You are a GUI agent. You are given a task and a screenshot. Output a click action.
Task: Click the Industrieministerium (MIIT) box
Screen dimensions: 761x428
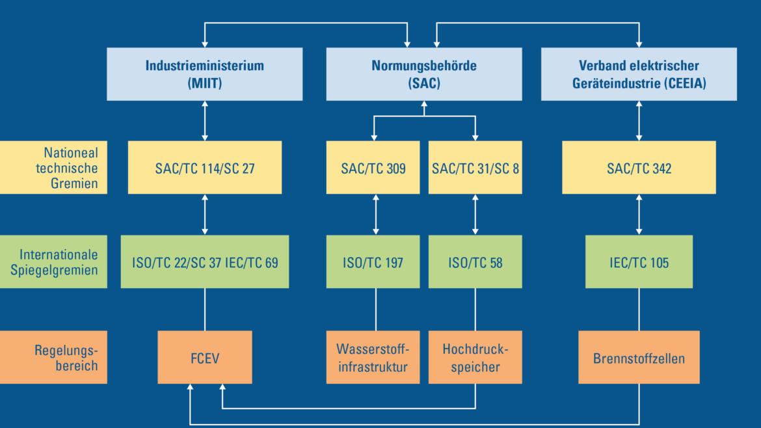pos(205,74)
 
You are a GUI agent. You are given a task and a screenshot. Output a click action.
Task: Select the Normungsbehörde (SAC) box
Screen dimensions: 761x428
pos(424,74)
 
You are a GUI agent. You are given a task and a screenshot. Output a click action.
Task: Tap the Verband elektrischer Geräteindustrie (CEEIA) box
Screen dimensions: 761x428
pos(639,74)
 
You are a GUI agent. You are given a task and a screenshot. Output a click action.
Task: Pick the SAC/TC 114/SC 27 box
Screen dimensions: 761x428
pos(205,167)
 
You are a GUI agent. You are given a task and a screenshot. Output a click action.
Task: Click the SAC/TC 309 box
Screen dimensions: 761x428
pos(373,167)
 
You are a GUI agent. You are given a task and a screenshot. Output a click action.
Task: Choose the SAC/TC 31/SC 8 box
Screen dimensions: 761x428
pos(475,167)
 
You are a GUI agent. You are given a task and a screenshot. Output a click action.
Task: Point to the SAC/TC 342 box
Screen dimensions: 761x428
pos(639,167)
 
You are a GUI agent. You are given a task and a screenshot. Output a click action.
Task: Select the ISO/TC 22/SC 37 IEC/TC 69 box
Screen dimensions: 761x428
pos(205,261)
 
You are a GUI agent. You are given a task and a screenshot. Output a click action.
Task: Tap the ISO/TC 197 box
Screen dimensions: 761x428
pos(373,261)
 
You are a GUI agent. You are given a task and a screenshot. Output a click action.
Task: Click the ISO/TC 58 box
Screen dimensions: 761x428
pos(475,261)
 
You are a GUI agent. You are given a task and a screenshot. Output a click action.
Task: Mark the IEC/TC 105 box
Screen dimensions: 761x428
pos(639,261)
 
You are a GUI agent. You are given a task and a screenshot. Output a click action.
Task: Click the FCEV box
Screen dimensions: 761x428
pos(205,357)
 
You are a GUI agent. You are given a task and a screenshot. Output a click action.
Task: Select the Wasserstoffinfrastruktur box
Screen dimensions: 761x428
pos(373,357)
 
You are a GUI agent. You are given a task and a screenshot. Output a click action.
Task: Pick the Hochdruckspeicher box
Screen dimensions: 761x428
pos(475,357)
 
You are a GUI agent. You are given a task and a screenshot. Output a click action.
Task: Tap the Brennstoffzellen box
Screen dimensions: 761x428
pos(639,357)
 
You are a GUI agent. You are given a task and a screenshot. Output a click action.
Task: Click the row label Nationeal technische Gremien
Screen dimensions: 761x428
pos(53,167)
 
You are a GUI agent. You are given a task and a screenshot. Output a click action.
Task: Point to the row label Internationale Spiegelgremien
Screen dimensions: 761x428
pos(53,261)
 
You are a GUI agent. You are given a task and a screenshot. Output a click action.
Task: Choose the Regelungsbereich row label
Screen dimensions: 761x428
pos(53,357)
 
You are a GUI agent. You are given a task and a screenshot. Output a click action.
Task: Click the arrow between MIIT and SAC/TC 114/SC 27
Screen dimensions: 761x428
pos(205,121)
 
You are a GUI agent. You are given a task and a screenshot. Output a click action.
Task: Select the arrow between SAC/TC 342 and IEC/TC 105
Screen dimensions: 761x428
pos(639,215)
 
